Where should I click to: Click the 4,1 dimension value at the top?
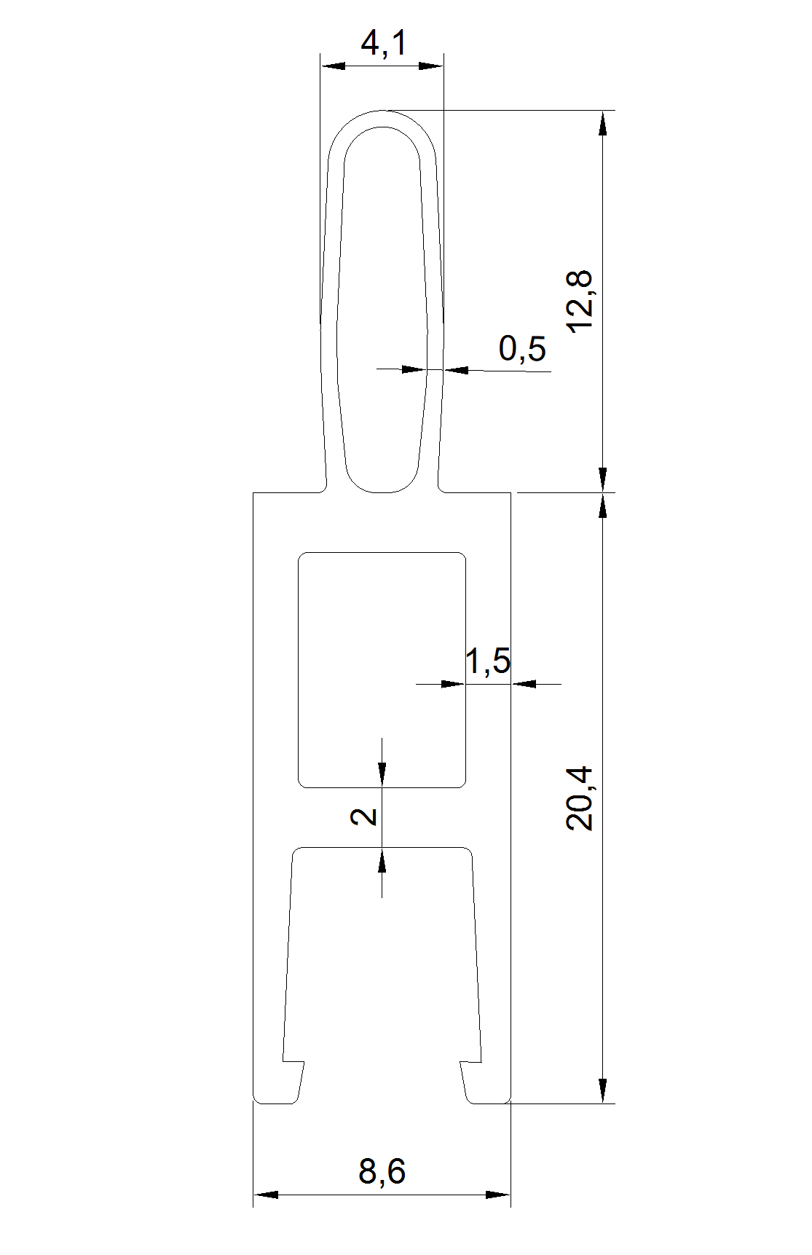[384, 44]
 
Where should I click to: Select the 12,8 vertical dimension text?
[580, 302]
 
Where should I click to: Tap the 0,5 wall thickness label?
[522, 349]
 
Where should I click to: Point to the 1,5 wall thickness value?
[488, 661]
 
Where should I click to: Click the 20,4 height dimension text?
[580, 798]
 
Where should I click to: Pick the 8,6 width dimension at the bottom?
[382, 1172]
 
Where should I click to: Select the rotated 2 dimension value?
[364, 817]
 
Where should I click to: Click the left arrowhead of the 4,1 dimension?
[333, 66]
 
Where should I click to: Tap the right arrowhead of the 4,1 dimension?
[431, 66]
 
